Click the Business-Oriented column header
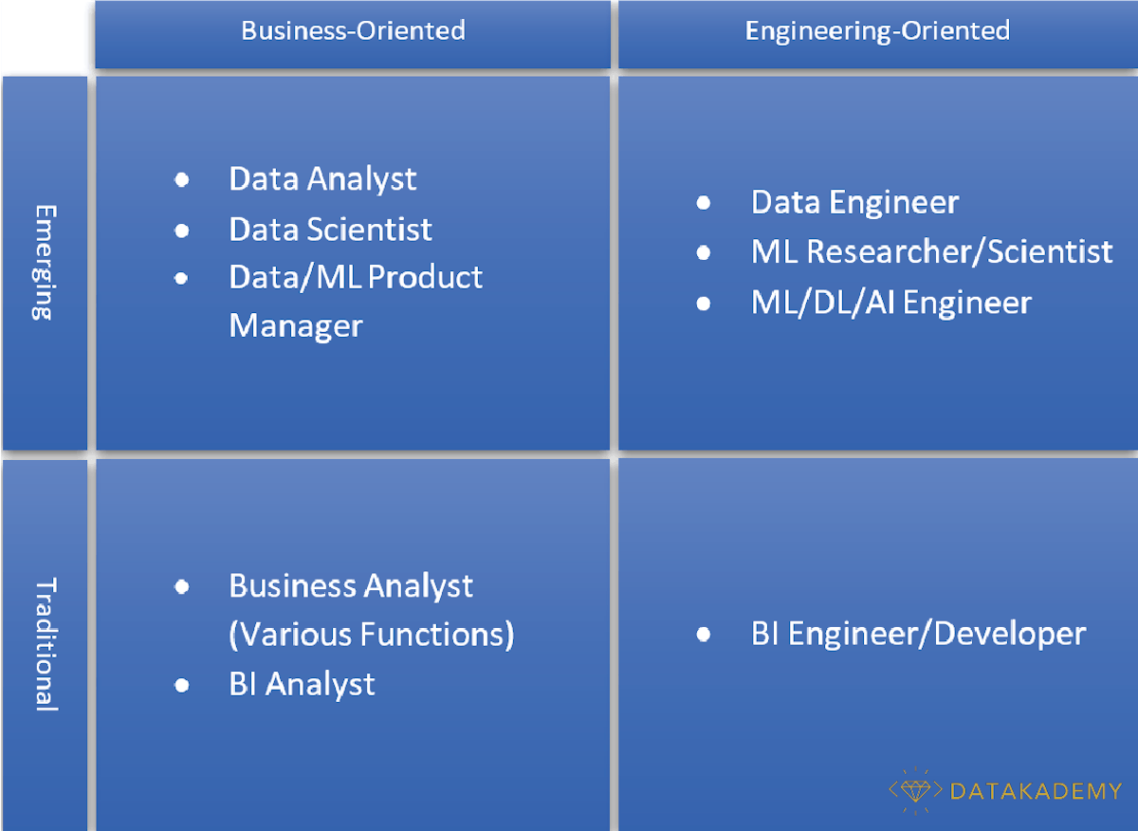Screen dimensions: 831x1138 pyautogui.click(x=353, y=30)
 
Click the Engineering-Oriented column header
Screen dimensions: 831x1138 pyautogui.click(x=877, y=30)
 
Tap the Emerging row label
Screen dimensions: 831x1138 pyautogui.click(x=43, y=262)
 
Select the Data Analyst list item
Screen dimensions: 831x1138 pyautogui.click(x=322, y=178)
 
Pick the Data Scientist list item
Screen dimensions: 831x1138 pyautogui.click(x=330, y=229)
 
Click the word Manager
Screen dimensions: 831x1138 pyautogui.click(x=296, y=326)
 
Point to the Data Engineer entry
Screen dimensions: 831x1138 pyautogui.click(x=854, y=202)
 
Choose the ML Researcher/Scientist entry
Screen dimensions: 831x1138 pyautogui.click(x=931, y=251)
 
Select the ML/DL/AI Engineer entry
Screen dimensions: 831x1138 pyautogui.click(x=890, y=303)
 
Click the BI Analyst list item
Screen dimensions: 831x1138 pyautogui.click(x=302, y=684)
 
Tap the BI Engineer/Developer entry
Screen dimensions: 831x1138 pyautogui.click(x=918, y=633)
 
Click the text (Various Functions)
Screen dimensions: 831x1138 pyautogui.click(x=372, y=634)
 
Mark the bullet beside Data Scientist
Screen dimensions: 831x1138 pyautogui.click(x=182, y=230)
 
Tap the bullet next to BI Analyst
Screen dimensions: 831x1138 pyautogui.click(x=182, y=685)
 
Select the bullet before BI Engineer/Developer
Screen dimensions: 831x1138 pyautogui.click(x=704, y=634)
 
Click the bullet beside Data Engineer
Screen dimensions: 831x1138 pyautogui.click(x=704, y=203)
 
